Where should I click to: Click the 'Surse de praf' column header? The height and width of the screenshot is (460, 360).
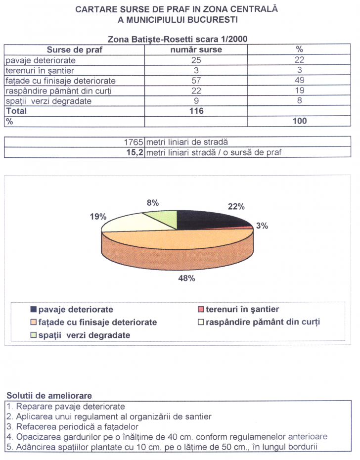(x=74, y=49)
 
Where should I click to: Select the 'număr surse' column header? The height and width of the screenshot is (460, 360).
(x=196, y=49)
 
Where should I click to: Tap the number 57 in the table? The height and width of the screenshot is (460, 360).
(x=196, y=81)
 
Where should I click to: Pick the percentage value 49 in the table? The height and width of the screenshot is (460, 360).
(x=299, y=81)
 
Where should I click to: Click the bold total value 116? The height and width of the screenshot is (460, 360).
(x=196, y=111)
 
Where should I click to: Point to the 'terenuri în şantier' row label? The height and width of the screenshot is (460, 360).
(x=40, y=70)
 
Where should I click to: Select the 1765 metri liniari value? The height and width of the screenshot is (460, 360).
(x=134, y=142)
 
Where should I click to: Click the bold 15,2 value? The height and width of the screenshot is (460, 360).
(x=134, y=152)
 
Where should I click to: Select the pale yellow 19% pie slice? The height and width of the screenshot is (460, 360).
(x=129, y=223)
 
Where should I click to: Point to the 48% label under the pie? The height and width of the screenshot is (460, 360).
(x=186, y=278)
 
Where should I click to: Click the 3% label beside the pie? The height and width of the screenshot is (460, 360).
(x=262, y=226)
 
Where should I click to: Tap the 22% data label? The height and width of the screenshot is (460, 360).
(x=236, y=207)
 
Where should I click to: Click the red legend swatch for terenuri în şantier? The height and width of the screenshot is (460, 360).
(x=200, y=310)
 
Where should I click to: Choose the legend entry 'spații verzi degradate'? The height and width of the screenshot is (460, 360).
(x=84, y=335)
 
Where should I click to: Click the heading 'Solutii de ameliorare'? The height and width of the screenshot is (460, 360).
(x=49, y=396)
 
